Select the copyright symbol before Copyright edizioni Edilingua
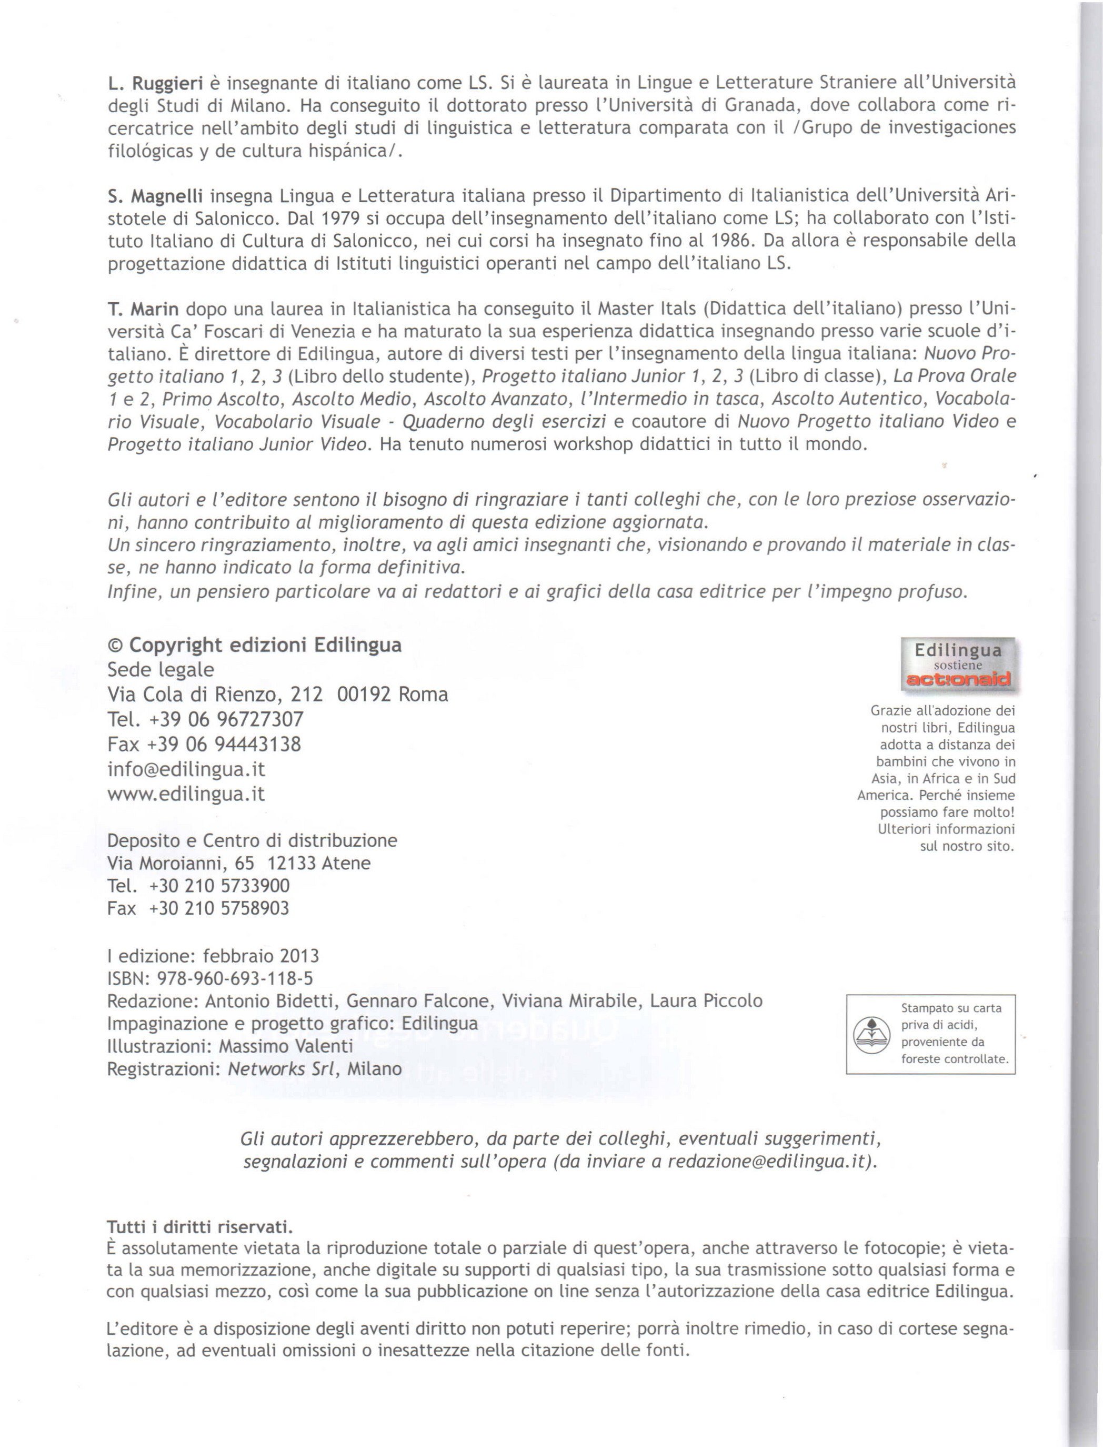point(116,645)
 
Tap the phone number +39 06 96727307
point(226,719)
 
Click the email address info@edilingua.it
point(186,769)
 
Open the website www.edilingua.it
point(186,794)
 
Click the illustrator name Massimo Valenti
point(286,1046)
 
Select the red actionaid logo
point(959,680)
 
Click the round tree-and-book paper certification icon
point(870,1033)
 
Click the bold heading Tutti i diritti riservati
point(199,1227)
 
